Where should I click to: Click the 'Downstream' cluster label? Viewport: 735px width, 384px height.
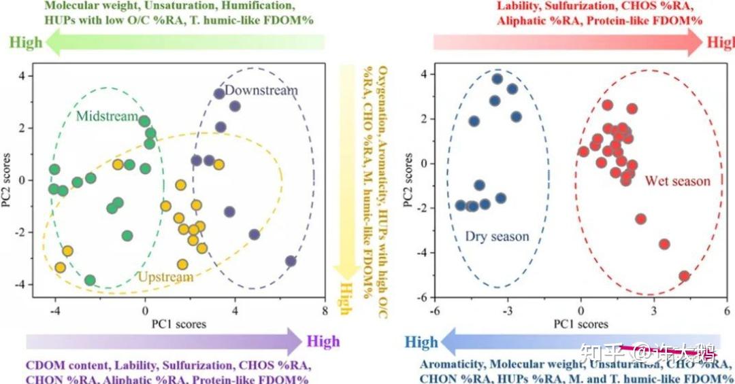click(x=261, y=90)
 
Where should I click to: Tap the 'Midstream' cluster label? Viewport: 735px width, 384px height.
click(x=107, y=116)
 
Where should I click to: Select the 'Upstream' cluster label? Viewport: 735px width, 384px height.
click(x=166, y=277)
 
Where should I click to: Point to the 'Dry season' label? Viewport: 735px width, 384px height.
click(x=497, y=237)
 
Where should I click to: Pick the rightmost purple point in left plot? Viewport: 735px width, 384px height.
click(x=291, y=261)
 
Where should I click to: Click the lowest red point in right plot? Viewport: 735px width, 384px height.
click(x=684, y=276)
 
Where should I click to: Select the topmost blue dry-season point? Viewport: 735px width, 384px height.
click(x=497, y=79)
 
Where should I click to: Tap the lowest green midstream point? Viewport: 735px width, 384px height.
click(x=90, y=280)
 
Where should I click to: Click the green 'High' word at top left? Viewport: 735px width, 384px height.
click(x=26, y=42)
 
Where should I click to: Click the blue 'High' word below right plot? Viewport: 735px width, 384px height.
click(x=422, y=341)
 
